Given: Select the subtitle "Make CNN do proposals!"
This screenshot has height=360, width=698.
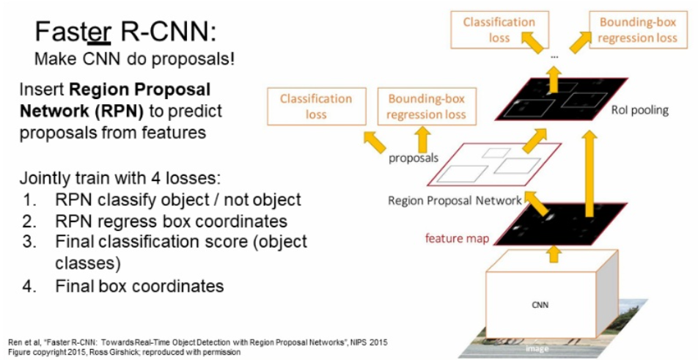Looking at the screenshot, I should [x=135, y=59].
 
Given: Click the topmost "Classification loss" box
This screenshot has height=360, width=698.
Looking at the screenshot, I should [x=499, y=29].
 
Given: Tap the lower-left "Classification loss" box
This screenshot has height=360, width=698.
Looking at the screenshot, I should [x=316, y=106].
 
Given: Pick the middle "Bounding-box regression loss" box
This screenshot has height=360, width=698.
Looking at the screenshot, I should [x=426, y=106].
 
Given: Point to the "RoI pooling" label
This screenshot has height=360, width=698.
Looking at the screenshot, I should [x=639, y=111].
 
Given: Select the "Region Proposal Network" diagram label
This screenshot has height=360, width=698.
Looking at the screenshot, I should [x=455, y=200].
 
